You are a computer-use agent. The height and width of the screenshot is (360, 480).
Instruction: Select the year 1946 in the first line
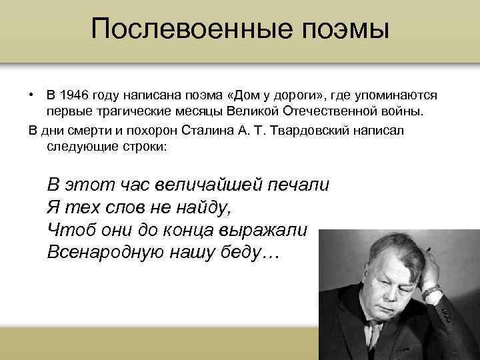click(75, 96)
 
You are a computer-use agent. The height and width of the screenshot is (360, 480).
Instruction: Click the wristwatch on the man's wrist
click(431, 291)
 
